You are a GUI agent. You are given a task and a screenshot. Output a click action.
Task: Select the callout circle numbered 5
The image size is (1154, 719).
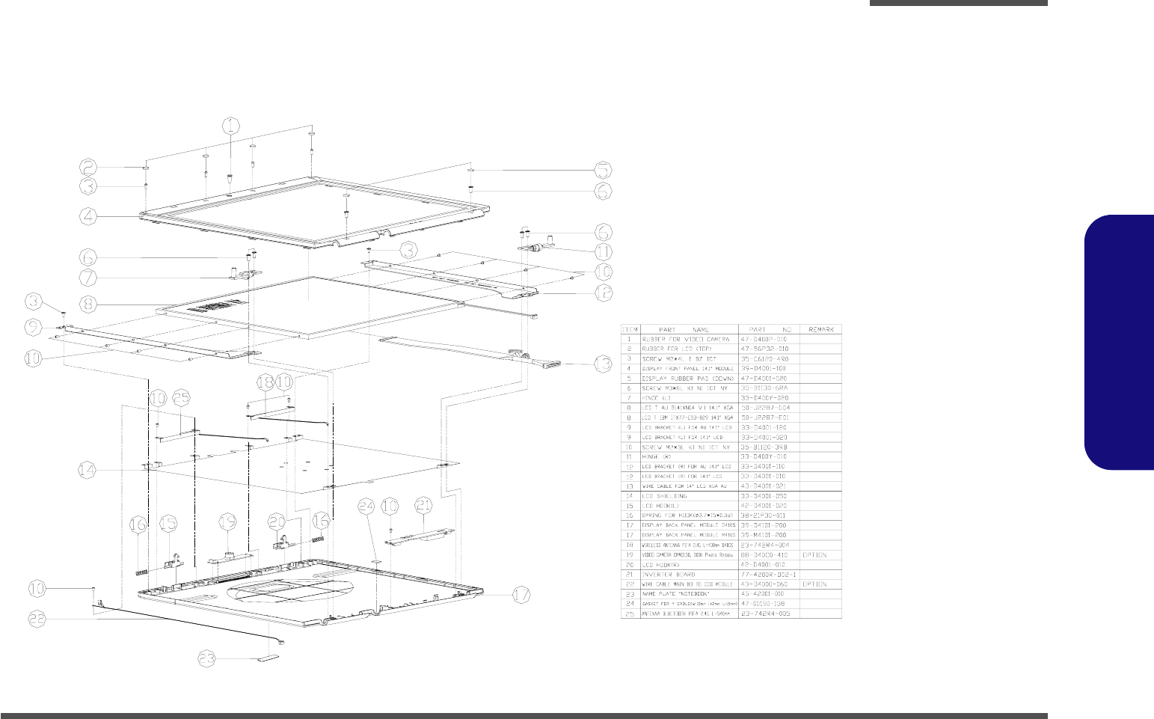point(603,170)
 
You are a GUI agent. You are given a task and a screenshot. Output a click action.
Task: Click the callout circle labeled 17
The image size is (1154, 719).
point(522,596)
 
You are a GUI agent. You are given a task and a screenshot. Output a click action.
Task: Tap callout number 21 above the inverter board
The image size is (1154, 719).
point(423,507)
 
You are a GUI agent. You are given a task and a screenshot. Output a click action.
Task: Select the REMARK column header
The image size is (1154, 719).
point(820,329)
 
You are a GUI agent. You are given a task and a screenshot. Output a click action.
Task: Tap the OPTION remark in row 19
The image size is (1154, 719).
point(815,555)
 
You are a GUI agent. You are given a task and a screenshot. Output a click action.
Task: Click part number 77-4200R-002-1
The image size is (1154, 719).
point(768,575)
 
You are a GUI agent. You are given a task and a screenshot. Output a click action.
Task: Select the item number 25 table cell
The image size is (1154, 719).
point(630,614)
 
